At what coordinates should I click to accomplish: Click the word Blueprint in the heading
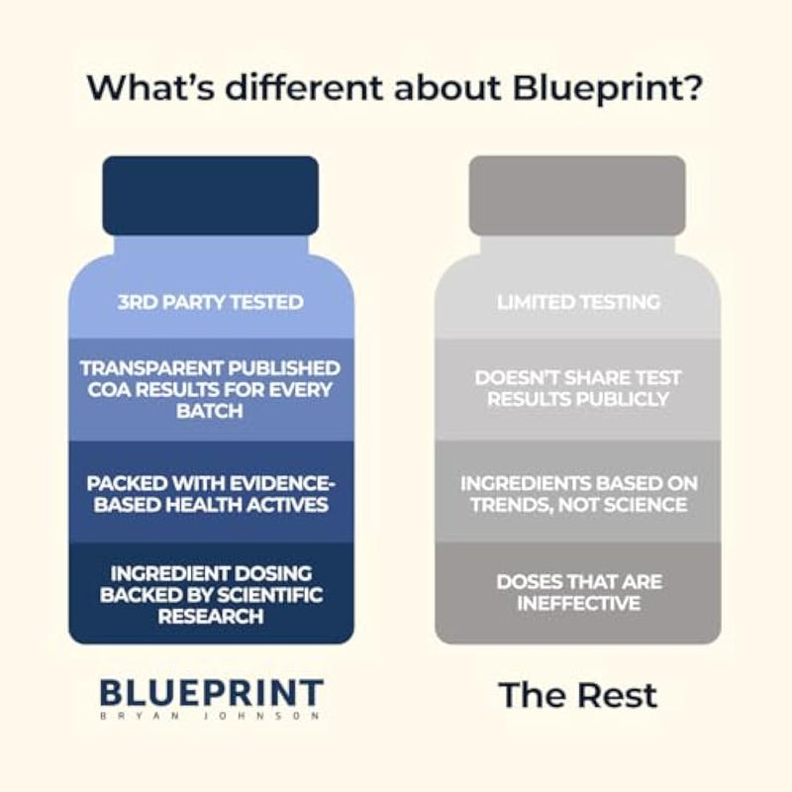(x=607, y=88)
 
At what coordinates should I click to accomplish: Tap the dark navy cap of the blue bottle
(x=211, y=195)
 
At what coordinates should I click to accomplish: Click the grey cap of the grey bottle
(x=577, y=195)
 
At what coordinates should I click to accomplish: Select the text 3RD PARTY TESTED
(x=211, y=302)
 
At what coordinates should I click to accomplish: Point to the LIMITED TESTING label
(x=578, y=302)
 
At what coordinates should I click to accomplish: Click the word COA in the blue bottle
(x=109, y=390)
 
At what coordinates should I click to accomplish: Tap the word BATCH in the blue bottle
(x=210, y=411)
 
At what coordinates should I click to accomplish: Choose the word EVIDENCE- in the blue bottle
(x=282, y=484)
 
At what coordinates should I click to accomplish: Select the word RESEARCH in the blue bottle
(x=211, y=616)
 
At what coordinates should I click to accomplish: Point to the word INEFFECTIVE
(x=579, y=603)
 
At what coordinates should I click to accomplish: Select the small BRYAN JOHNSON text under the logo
(x=210, y=716)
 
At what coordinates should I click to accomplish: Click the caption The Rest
(x=578, y=695)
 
